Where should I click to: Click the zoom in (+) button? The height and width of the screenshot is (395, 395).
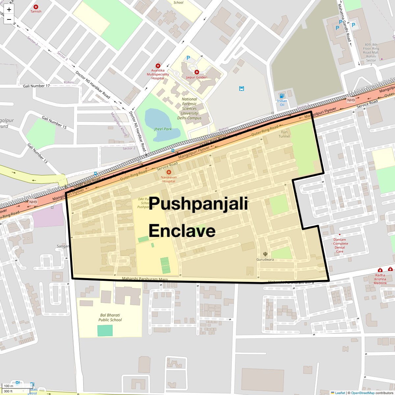click(9, 10)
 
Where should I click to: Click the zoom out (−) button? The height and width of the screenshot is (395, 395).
click(9, 19)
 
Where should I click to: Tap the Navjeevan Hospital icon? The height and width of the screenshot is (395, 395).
click(169, 172)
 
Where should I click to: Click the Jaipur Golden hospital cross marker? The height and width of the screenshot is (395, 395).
click(197, 72)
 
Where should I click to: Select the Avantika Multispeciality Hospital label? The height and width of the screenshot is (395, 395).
click(158, 74)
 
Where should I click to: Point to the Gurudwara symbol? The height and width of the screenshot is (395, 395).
click(265, 254)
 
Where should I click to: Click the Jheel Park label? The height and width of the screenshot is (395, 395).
click(163, 129)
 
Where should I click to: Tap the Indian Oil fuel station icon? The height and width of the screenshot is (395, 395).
click(282, 96)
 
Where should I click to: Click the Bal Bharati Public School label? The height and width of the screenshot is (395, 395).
click(110, 317)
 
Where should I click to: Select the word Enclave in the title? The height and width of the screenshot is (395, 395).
click(182, 231)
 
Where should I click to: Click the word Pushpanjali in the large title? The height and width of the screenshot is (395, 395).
click(198, 203)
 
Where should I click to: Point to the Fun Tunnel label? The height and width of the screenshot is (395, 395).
click(284, 134)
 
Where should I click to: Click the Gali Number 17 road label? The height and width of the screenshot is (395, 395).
click(36, 86)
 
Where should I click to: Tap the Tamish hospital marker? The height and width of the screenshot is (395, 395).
click(36, 7)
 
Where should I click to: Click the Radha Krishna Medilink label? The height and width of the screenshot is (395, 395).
click(380, 279)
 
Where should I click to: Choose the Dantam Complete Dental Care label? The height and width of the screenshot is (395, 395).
click(340, 246)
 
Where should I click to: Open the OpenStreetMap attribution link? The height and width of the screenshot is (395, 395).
click(362, 393)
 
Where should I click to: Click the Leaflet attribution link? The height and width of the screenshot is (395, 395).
click(340, 393)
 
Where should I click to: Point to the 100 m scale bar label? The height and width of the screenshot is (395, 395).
click(9, 386)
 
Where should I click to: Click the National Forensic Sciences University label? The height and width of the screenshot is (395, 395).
click(189, 108)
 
